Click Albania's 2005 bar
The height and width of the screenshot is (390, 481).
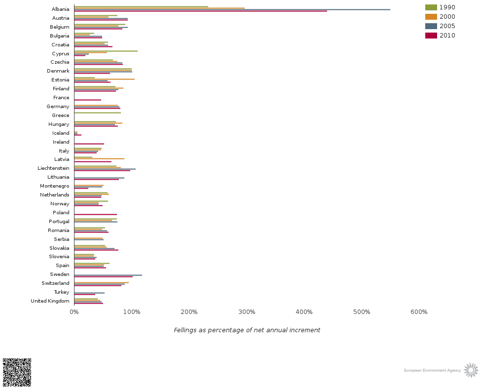[232, 9]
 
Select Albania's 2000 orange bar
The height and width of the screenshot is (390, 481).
[159, 8]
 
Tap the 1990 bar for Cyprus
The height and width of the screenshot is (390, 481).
[106, 51]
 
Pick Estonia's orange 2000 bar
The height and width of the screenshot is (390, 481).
[104, 79]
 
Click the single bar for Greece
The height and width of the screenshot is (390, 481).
[97, 113]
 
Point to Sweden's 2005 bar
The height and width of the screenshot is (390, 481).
[108, 275]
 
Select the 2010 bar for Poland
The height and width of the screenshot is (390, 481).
[95, 214]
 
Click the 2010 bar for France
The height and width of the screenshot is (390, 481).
[87, 100]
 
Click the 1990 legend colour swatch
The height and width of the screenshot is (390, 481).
[431, 7]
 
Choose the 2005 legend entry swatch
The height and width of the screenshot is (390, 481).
[431, 26]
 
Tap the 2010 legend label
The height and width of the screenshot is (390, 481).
[447, 36]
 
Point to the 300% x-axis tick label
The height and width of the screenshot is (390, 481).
[247, 312]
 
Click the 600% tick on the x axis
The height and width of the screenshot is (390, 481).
[419, 312]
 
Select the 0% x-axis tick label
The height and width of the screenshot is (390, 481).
[74, 312]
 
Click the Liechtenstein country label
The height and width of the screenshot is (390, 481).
[53, 168]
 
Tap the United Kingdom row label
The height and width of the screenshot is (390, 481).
[50, 301]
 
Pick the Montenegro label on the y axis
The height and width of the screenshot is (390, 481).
[55, 186]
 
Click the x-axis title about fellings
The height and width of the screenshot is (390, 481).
[247, 330]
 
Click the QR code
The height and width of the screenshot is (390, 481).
[17, 372]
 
